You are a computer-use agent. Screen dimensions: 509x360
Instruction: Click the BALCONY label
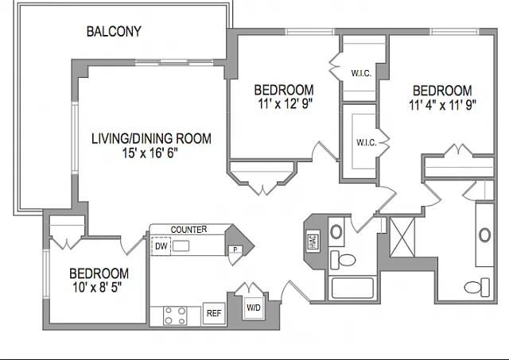tap(114, 32)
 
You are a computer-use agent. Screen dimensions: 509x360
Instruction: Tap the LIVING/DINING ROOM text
tap(151, 139)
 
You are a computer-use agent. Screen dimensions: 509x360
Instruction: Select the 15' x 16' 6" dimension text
tap(150, 153)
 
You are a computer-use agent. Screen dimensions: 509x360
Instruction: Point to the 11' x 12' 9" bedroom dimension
tap(285, 104)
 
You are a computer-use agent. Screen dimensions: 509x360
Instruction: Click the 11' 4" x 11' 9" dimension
tap(442, 105)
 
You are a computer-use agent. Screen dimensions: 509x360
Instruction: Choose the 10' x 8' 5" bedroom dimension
tap(97, 288)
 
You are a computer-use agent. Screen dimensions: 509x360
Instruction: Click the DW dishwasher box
tap(161, 246)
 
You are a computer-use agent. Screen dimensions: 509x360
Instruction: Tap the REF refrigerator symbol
tap(214, 313)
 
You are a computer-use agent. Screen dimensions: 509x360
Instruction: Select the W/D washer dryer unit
tap(254, 308)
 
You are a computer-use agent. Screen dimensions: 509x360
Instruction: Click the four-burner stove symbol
tap(175, 315)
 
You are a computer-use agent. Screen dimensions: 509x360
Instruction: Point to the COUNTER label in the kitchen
tap(188, 230)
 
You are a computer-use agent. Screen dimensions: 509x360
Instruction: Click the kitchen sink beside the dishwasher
tap(181, 246)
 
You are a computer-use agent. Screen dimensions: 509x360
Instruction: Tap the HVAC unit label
tap(313, 240)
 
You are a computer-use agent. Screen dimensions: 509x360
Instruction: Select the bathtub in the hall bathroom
tap(352, 288)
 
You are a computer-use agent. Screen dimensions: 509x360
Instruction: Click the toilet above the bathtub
tap(343, 260)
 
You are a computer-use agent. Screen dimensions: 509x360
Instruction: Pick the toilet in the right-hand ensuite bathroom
tap(477, 287)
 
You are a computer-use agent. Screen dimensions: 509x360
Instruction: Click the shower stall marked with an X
tap(402, 237)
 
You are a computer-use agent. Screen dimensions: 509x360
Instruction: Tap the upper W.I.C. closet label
tap(361, 73)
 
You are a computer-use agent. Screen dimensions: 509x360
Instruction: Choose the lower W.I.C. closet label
tap(366, 143)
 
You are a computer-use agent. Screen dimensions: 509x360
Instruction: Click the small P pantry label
tap(235, 250)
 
